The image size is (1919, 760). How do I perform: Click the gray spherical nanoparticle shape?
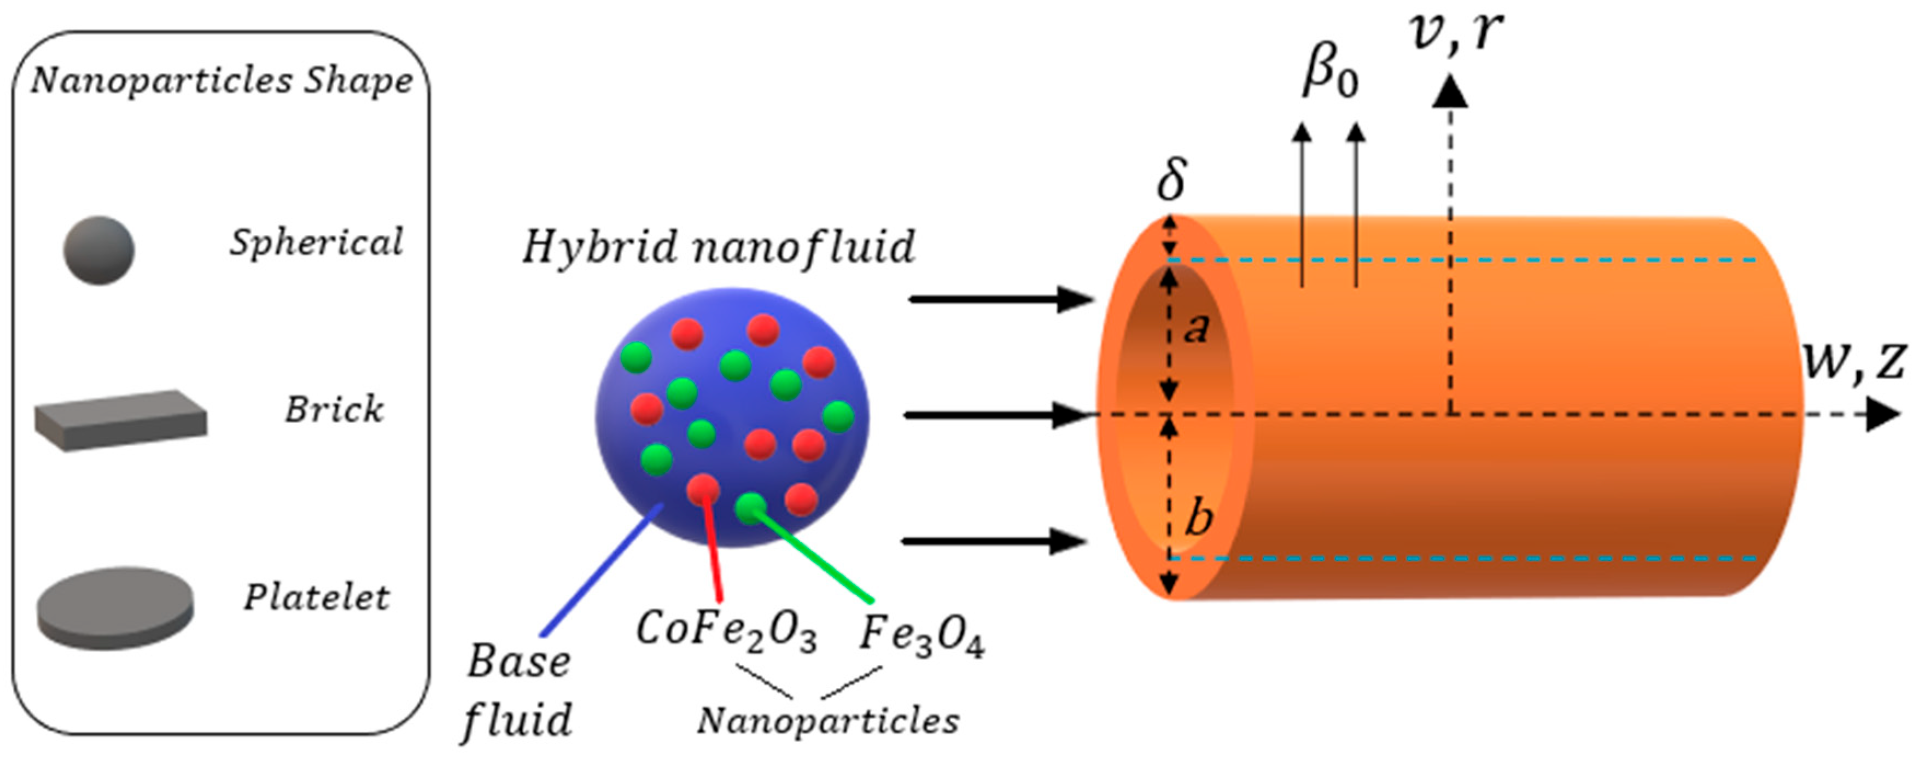(x=99, y=251)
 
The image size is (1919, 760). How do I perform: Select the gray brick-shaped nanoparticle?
(x=121, y=420)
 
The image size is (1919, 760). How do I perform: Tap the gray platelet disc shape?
(x=115, y=607)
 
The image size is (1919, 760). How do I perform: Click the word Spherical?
(x=316, y=243)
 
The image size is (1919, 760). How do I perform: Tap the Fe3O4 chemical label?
(x=921, y=636)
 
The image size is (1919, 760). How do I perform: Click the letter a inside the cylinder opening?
(x=1197, y=328)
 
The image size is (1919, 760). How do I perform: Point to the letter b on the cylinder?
(x=1199, y=517)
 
